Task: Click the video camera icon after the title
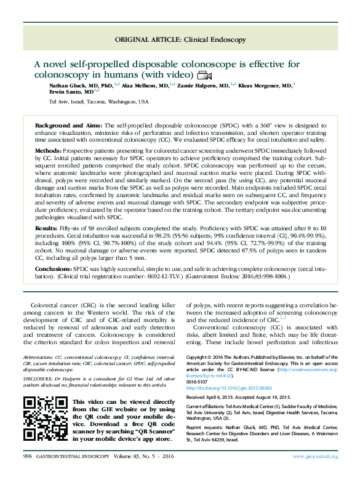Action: coord(204,75)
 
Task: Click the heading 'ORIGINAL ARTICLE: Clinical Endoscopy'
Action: coord(180,40)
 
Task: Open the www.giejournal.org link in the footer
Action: coord(314,473)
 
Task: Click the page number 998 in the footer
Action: coord(27,473)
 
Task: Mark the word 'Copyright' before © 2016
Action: coord(197,357)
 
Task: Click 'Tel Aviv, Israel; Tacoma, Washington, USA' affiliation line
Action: coord(98,101)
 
